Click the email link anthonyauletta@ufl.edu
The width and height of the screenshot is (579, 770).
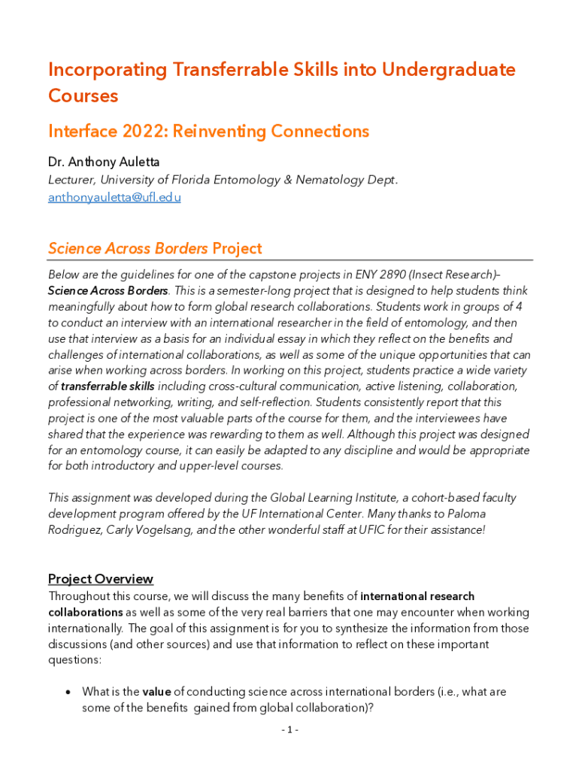(x=114, y=198)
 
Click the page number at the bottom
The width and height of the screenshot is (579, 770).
(x=290, y=730)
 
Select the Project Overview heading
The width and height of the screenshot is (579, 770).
(x=101, y=579)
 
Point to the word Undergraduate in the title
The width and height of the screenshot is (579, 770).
(x=448, y=70)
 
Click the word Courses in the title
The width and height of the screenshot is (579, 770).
(x=83, y=96)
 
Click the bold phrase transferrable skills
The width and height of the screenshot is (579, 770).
(x=108, y=387)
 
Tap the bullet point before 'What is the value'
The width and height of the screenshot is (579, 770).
(x=68, y=692)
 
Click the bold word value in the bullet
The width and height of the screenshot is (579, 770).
(x=158, y=692)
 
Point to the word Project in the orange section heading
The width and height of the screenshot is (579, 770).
(x=237, y=249)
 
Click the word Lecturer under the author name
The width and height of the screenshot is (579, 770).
(x=71, y=180)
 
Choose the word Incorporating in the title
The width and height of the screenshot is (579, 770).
(x=108, y=70)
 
